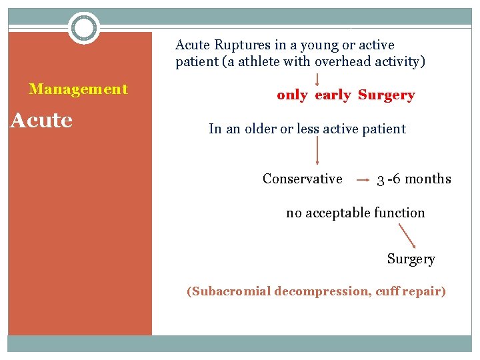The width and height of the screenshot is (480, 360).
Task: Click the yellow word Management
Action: pos(78,89)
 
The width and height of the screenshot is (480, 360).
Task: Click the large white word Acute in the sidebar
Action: pos(41,121)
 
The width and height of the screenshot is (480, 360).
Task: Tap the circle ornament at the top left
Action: pos(84,28)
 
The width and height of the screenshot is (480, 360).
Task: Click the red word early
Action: pos(333,95)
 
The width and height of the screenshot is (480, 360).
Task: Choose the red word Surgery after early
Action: pos(386,95)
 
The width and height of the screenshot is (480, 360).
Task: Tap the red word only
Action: pos(292,95)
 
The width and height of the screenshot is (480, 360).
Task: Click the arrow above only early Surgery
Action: pos(317,79)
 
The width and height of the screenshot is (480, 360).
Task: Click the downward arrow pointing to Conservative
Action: pos(317,151)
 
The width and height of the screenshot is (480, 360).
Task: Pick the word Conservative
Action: pos(303,179)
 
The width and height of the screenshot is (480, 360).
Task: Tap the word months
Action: pos(428,179)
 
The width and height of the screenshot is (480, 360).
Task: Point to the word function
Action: pos(399,213)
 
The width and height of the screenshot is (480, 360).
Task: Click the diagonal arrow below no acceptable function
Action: pos(407,236)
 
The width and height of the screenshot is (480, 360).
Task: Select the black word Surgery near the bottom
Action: pos(411,259)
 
